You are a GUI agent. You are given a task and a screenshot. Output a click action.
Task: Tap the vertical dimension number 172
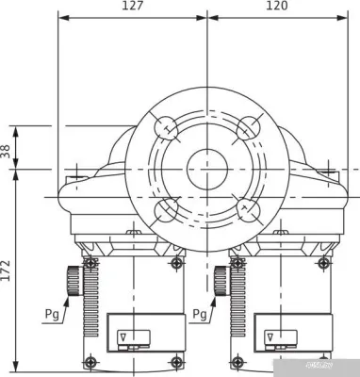(x=8, y=271)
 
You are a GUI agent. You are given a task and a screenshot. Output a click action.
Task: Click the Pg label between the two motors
(x=200, y=313)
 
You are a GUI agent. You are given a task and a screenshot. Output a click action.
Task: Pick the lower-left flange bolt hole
(x=167, y=209)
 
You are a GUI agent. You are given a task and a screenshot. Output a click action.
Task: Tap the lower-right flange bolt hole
(x=250, y=209)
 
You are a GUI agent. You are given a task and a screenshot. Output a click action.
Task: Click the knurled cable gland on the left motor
(x=73, y=281)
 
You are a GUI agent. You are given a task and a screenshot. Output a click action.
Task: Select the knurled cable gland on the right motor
(x=221, y=281)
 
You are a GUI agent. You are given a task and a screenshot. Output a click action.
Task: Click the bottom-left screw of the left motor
(x=90, y=362)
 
